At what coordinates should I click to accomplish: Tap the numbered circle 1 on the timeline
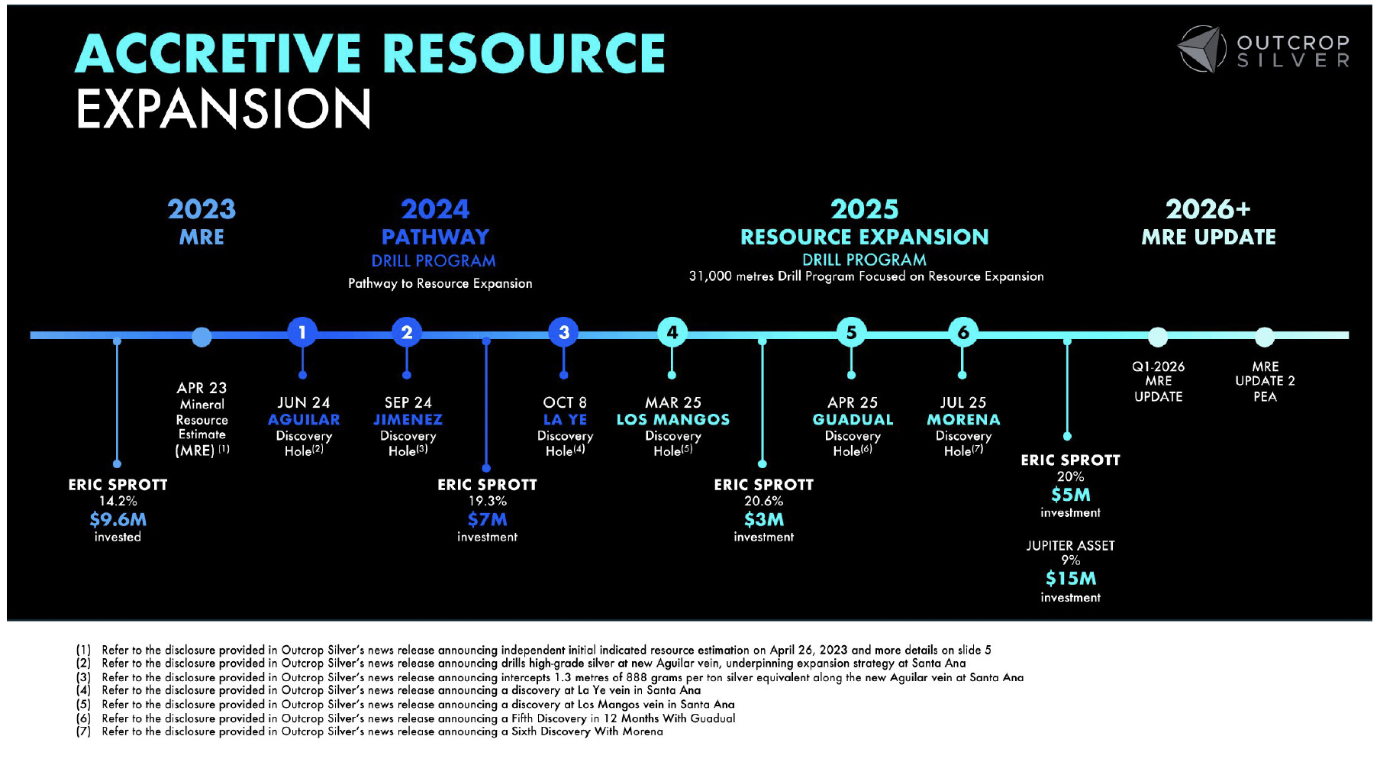(302, 332)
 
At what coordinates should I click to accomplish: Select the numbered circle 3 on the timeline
(563, 332)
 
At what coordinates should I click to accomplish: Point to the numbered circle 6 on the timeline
(962, 332)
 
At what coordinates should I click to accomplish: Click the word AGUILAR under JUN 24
(304, 419)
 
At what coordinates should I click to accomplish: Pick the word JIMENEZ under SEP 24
(408, 419)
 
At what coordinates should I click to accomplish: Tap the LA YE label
(565, 419)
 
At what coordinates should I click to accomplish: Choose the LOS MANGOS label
(672, 419)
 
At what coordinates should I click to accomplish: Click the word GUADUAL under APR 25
(853, 419)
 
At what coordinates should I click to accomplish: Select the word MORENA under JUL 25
(963, 419)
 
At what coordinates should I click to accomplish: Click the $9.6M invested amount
(118, 519)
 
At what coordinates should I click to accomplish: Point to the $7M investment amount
(487, 519)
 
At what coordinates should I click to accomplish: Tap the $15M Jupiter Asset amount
(1070, 578)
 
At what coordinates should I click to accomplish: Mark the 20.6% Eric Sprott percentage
(763, 501)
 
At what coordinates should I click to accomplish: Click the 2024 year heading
(435, 209)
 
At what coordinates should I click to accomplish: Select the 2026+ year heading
(1207, 209)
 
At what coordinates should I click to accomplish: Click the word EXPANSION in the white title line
(224, 108)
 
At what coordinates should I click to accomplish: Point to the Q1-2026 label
(1158, 366)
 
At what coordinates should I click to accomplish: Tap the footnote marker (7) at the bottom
(83, 731)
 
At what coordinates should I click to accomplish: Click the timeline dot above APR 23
(202, 336)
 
